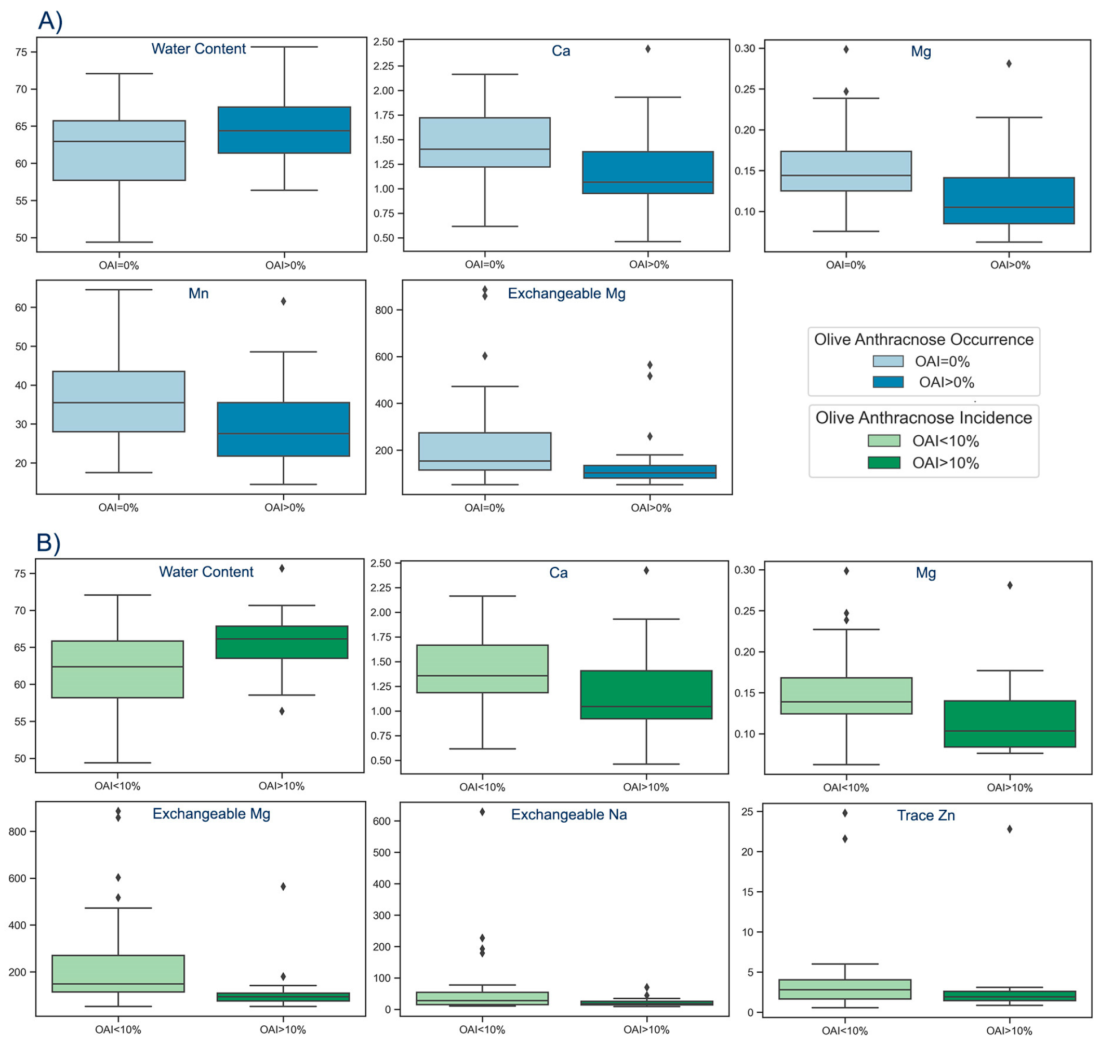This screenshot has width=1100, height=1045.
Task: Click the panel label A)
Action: (50, 21)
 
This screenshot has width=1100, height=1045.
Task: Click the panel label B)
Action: (48, 543)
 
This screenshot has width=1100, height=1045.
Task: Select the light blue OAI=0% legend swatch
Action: (887, 361)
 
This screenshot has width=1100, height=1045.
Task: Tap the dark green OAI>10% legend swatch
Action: (884, 463)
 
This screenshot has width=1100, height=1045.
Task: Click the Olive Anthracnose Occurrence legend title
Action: (923, 340)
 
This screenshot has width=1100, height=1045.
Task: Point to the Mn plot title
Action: (198, 293)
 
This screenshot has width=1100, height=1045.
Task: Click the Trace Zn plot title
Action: (925, 815)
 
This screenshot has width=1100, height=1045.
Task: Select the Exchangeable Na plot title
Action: (569, 815)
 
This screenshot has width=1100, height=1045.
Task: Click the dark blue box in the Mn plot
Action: (283, 430)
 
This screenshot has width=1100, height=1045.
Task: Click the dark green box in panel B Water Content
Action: (282, 642)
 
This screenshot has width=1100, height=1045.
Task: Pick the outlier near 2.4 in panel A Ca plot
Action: (647, 49)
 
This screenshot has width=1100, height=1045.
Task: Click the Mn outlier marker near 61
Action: (283, 301)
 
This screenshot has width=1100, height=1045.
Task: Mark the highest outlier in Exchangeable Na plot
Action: (482, 812)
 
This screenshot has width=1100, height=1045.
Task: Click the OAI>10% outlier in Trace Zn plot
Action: (1009, 829)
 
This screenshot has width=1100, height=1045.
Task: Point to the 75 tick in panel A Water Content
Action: (21, 52)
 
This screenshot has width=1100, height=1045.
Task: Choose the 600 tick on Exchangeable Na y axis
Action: (382, 821)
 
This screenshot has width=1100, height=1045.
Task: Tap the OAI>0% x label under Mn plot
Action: (284, 507)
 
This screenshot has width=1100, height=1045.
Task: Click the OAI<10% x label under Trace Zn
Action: (844, 1031)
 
